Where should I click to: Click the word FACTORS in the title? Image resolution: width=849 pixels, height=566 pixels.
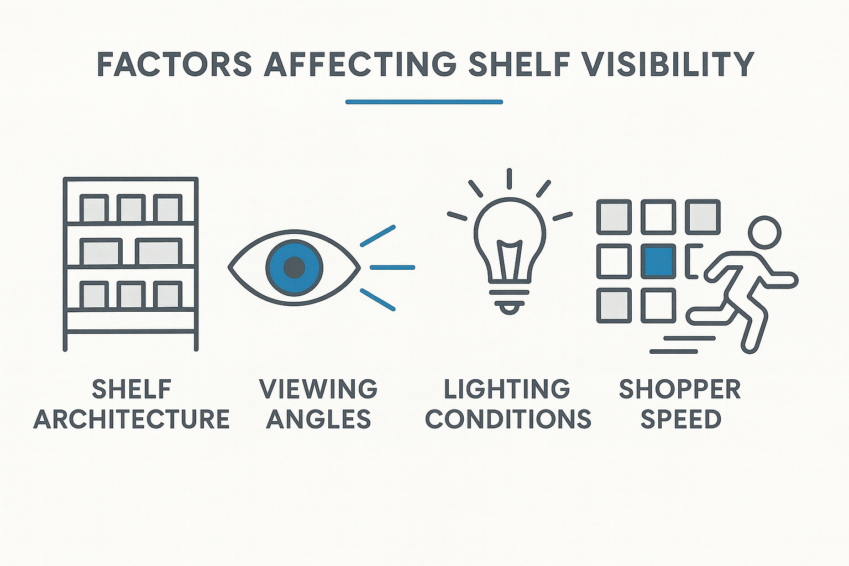(x=175, y=64)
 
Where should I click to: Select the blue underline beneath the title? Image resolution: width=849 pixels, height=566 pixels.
(x=424, y=102)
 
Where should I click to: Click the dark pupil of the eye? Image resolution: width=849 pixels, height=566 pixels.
(x=294, y=267)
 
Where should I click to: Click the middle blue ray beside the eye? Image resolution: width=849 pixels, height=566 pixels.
(x=392, y=268)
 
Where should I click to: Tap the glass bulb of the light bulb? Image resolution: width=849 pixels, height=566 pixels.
(x=509, y=227)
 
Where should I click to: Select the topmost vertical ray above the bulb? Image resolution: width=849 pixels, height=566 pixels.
(x=509, y=179)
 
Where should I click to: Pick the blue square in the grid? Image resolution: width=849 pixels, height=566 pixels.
(x=658, y=261)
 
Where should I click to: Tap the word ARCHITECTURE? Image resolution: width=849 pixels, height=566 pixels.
(x=132, y=419)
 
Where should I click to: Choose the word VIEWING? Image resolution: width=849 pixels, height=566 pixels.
(x=318, y=389)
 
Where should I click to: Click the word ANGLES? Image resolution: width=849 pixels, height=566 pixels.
(x=318, y=419)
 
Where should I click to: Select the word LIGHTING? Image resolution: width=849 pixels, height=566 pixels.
(x=507, y=389)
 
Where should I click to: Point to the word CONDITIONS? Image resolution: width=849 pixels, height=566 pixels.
(x=508, y=419)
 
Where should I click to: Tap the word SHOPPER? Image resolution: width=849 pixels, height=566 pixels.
(x=680, y=389)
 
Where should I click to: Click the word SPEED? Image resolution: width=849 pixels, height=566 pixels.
(x=680, y=419)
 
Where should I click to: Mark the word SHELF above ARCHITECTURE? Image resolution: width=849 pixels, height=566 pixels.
(x=132, y=389)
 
